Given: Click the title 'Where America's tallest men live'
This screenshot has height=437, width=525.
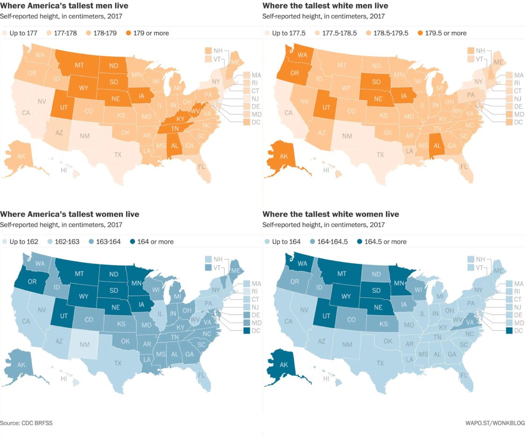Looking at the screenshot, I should coord(64,6).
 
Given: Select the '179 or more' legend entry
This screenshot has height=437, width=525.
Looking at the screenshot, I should coord(147,33).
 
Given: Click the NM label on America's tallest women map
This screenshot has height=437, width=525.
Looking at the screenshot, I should coord(84,344).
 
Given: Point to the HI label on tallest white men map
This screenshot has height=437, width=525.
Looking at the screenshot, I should coord(326,170).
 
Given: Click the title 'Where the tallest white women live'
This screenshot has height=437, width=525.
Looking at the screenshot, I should coord(330,215).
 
